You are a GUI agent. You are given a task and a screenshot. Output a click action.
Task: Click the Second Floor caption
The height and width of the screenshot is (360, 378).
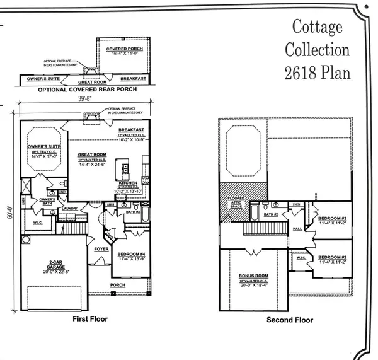tap(290, 320)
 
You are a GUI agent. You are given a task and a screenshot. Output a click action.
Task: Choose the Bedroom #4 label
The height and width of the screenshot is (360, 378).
tap(131, 255)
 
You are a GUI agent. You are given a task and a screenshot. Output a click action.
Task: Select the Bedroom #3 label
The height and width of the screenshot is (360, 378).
tap(331, 219)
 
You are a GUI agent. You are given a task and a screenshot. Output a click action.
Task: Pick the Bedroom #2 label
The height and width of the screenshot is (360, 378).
tap(331, 258)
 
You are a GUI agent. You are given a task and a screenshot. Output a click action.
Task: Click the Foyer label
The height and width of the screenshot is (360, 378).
tap(102, 248)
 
